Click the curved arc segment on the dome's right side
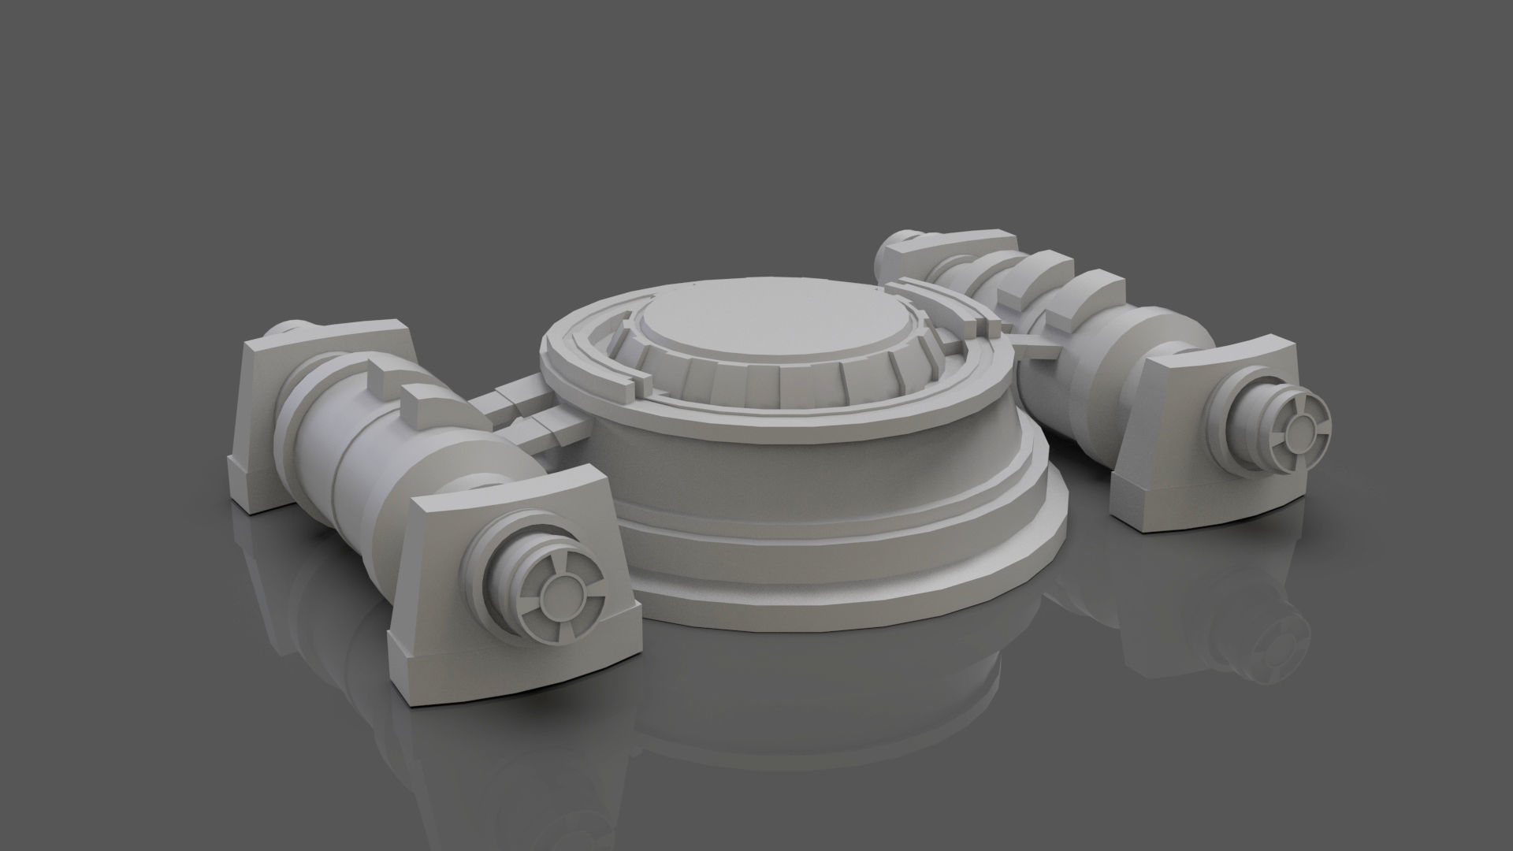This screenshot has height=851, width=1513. pos(957,315)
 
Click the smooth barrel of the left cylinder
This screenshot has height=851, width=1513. pos(331,441)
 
